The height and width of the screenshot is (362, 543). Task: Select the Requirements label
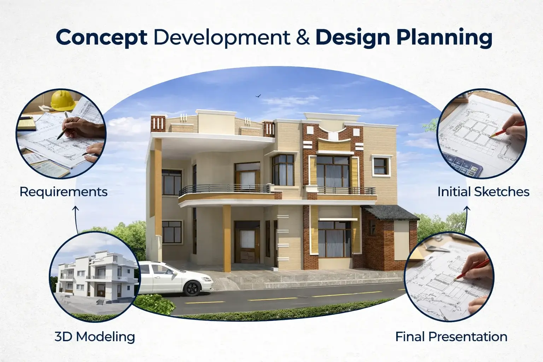click(x=63, y=192)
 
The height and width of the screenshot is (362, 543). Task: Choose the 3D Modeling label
click(x=95, y=337)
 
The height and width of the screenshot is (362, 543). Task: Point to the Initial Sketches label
click(x=483, y=192)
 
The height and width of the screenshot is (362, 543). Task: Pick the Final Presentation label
click(x=451, y=337)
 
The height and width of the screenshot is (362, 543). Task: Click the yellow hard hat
click(x=63, y=99)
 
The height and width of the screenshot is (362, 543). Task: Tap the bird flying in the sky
click(x=258, y=95)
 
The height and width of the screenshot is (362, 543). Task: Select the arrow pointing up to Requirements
click(x=75, y=219)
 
